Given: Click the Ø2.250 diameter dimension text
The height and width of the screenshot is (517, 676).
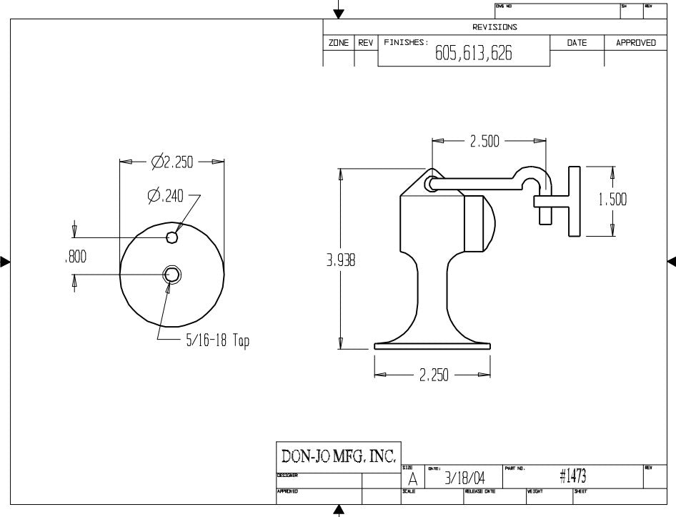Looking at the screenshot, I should click(x=172, y=162).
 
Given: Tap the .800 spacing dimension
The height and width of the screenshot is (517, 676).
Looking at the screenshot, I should click(x=75, y=257).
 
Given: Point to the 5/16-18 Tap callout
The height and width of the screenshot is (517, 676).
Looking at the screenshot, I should click(x=217, y=341).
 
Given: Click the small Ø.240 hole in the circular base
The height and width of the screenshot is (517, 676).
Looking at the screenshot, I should click(x=172, y=237).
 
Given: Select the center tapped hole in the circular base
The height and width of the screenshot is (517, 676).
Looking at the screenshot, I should click(x=172, y=273).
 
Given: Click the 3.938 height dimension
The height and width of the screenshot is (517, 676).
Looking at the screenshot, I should click(x=341, y=261).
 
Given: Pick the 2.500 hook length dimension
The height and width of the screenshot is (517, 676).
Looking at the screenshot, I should click(x=484, y=142).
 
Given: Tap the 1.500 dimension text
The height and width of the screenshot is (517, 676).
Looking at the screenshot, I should click(x=612, y=200).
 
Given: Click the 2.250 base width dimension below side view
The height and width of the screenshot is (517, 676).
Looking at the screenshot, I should click(x=434, y=375).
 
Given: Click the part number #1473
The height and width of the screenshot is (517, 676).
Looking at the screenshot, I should click(x=573, y=476).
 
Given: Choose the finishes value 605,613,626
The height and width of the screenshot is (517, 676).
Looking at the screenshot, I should click(x=473, y=55).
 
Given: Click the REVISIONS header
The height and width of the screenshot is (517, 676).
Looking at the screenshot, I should click(x=494, y=27).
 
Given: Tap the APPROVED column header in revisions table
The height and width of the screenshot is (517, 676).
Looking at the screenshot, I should click(x=635, y=43).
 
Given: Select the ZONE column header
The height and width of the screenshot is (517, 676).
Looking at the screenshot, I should click(x=339, y=43).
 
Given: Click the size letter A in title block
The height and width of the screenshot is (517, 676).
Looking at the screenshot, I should click(x=412, y=479).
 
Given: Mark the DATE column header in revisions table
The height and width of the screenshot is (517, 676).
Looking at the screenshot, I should click(x=576, y=43).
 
